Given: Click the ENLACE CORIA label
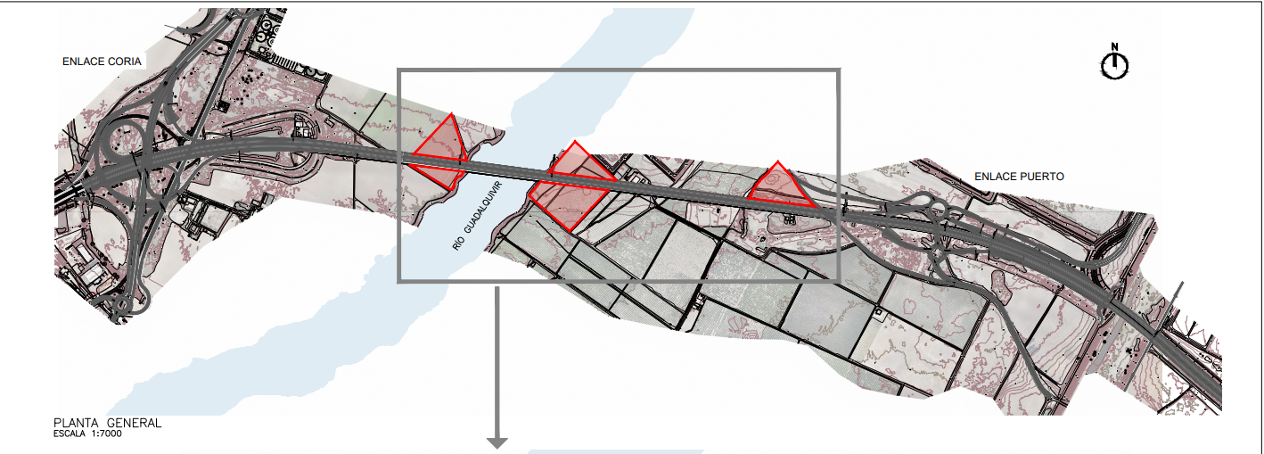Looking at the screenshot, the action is pos(102,62).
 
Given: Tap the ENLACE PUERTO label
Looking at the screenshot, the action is pos(1019,177).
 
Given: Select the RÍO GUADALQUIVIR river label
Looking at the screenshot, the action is pos(478,216).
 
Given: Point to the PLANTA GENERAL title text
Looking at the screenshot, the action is pos(107,423).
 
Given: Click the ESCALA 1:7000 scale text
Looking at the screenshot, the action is pos(87,433).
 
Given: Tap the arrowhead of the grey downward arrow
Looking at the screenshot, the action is pos(497,443).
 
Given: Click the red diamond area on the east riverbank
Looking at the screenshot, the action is pos(571,186).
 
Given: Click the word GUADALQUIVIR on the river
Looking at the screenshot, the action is pos(483,208).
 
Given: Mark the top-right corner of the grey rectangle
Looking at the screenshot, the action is pos(839,70).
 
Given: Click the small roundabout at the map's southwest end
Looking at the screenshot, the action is pos(122,305).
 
